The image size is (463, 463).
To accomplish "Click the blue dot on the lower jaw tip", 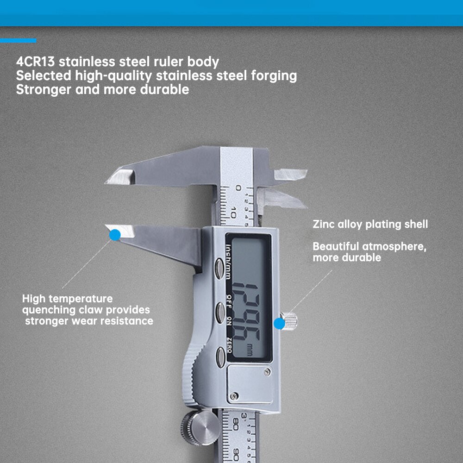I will (x=114, y=235).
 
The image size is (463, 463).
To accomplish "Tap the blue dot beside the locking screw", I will (x=280, y=324).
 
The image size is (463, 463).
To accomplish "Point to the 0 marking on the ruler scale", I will (x=238, y=188).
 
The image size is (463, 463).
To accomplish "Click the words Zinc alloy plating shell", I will (x=370, y=225).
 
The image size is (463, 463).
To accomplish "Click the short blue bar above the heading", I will (x=18, y=41).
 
